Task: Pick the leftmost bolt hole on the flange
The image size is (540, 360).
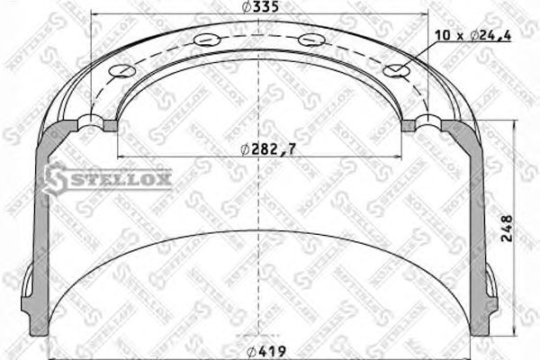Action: [117, 72]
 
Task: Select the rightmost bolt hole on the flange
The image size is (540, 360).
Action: [394, 71]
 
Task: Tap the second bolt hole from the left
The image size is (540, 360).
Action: [206, 40]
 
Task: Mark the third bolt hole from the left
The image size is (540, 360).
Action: [310, 40]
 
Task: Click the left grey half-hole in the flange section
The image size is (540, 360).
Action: [92, 123]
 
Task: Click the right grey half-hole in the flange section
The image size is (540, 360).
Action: [420, 123]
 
